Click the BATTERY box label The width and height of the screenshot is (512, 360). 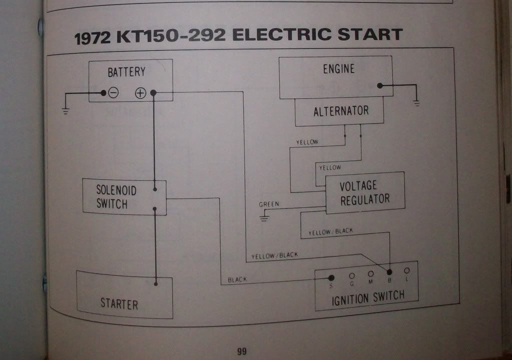126,72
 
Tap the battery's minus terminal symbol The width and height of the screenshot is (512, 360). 114,93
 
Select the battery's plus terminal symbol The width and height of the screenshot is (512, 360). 141,93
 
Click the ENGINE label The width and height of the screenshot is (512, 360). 339,69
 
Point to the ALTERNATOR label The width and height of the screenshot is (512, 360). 341,111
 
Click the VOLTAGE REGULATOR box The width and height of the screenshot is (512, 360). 365,192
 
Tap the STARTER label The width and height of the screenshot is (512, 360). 119,303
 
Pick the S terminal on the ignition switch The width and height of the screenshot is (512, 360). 331,277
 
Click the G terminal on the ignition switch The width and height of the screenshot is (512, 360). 352,275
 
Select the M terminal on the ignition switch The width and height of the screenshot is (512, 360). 371,274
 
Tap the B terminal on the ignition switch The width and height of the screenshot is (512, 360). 389,272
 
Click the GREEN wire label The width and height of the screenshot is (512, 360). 269,204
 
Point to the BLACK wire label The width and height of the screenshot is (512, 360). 237,280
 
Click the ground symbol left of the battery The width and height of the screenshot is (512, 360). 66,110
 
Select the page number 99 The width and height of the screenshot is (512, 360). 242,351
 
